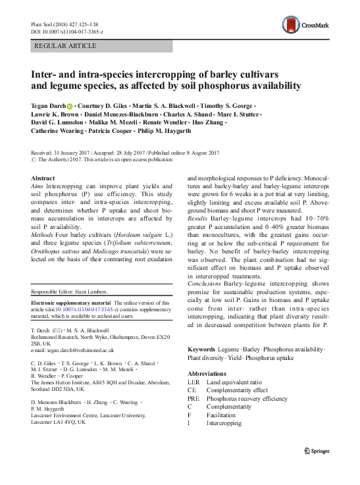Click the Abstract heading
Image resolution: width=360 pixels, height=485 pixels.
pos(43,178)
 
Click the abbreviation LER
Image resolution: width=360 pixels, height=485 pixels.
pos(195,381)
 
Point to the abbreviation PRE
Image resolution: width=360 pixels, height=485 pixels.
pos(195,398)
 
